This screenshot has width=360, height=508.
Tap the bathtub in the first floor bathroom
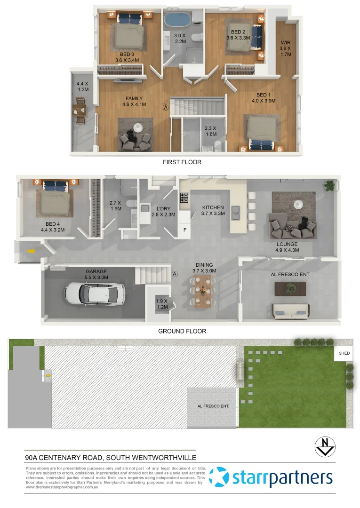click(x=176, y=21)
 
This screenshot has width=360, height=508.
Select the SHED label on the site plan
click(x=341, y=353)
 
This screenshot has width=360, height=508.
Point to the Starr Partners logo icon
click(x=218, y=478)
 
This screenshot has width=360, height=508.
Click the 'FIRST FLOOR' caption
click(x=182, y=162)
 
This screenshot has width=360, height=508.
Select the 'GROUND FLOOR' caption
click(x=182, y=331)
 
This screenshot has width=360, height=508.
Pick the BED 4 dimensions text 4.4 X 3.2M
click(x=52, y=230)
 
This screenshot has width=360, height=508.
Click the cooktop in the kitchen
click(x=184, y=197)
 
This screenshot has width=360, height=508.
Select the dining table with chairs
click(x=203, y=292)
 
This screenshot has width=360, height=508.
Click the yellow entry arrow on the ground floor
click(x=31, y=251)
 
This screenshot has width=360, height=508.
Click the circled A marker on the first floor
click(x=165, y=107)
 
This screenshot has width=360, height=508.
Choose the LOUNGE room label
click(x=287, y=244)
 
